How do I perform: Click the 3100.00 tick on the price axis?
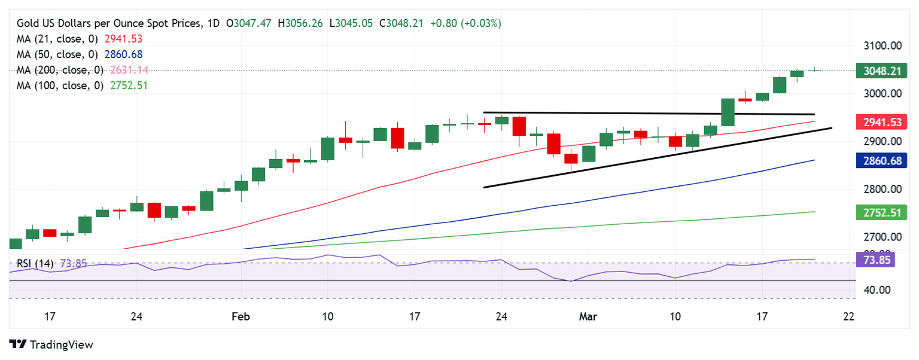pos(881,46)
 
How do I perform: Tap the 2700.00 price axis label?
pos(881,237)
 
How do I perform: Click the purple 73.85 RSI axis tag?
pos(875,260)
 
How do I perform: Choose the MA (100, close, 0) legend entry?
pos(62,86)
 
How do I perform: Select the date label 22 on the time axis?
pos(848,316)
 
